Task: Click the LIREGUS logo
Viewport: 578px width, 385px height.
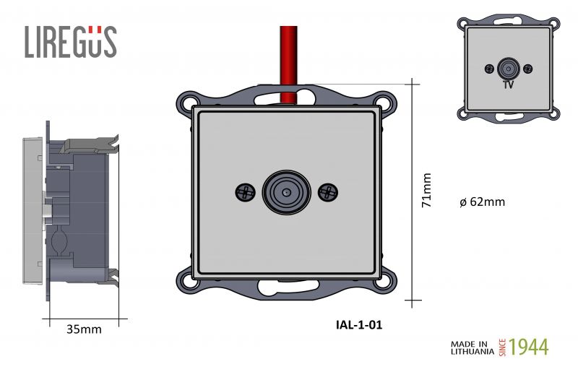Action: click(71, 42)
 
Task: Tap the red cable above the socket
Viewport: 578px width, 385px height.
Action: click(288, 64)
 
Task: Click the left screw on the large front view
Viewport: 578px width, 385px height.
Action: click(245, 192)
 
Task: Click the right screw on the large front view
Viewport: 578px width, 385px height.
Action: click(328, 192)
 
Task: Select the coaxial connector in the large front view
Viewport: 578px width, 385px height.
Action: click(286, 192)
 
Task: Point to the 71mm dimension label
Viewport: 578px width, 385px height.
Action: click(426, 190)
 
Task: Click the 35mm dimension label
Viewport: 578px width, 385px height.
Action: click(84, 329)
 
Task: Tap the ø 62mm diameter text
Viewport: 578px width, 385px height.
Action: click(483, 202)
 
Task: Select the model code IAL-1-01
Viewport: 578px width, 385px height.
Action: click(359, 324)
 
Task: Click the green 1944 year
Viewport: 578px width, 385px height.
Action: click(529, 347)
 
